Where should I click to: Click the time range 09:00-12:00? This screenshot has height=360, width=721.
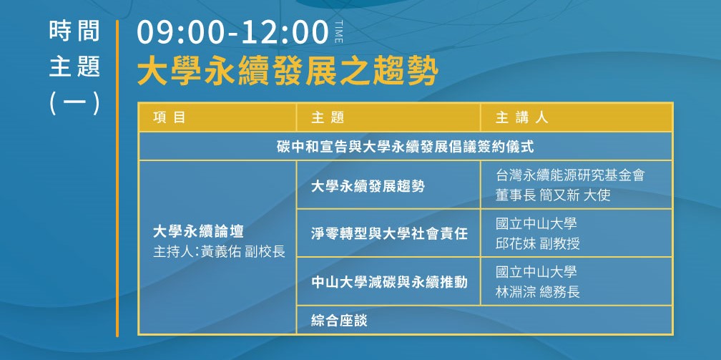tap(232, 33)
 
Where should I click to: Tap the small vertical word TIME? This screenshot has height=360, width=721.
tap(339, 31)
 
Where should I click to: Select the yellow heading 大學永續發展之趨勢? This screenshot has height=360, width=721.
tap(288, 72)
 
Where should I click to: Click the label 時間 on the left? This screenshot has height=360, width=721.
tap(74, 31)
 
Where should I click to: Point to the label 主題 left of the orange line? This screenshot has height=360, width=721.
tap(74, 67)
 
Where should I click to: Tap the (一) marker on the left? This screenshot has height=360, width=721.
tap(74, 103)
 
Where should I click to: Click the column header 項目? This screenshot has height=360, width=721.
tap(170, 117)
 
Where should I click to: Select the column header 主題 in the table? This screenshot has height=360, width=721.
tap(328, 117)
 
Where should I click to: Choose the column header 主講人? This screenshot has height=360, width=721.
tap(521, 117)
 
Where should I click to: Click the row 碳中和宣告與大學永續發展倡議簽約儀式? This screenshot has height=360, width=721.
tap(405, 147)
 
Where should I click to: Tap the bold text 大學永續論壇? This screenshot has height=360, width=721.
tap(198, 232)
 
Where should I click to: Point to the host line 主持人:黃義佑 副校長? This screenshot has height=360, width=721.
tap(220, 252)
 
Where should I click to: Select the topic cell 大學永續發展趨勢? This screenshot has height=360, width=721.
tap(368, 187)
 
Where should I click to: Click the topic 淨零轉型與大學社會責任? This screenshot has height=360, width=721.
tap(389, 234)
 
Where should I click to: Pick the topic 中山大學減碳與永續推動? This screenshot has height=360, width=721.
tap(389, 282)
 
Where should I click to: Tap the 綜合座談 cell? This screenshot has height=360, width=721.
tap(339, 321)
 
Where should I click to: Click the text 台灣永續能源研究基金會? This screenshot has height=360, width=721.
tap(570, 175)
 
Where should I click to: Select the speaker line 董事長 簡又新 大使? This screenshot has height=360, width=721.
tap(553, 195)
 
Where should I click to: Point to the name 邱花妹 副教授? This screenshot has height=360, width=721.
tap(538, 243)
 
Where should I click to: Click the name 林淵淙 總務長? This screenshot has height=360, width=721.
tap(538, 292)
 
